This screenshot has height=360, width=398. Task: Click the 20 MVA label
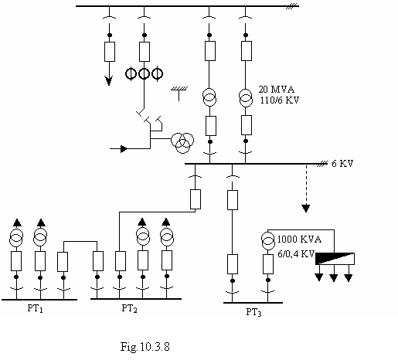point(276,90)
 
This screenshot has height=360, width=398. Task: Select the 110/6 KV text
point(280,100)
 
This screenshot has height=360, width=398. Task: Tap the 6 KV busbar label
point(342,164)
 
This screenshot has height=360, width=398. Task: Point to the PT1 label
point(36,308)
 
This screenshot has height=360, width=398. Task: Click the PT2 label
point(129,308)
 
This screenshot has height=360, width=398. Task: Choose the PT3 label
point(253,312)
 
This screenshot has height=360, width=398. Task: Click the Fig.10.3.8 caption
point(145,347)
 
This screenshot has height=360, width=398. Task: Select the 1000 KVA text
point(299,239)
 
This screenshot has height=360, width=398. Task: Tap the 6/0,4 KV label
point(296,254)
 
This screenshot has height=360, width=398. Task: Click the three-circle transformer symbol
point(182,143)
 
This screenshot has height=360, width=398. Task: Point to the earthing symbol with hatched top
point(179,93)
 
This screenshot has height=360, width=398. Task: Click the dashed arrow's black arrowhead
point(306,208)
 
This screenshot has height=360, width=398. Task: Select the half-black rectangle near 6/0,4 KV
point(335,259)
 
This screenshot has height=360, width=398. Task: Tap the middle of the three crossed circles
point(144,73)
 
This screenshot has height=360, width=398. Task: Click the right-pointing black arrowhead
point(124,149)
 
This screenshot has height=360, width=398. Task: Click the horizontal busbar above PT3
point(253,303)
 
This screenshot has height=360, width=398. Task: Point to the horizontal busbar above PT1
point(39,300)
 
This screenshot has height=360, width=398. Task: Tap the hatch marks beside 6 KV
point(321,164)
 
